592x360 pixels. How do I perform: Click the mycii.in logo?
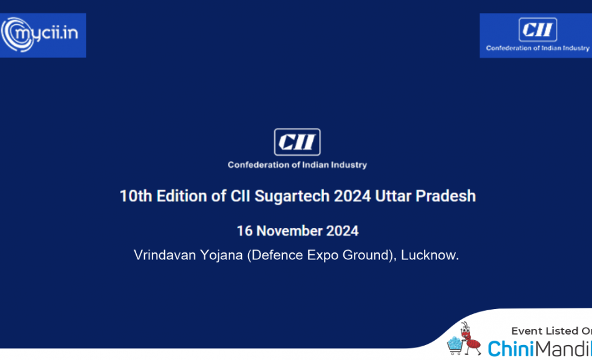(x=40, y=34)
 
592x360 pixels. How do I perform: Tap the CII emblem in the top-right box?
(x=538, y=29)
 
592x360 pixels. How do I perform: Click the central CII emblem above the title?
(x=297, y=142)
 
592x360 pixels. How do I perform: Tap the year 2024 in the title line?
(x=352, y=196)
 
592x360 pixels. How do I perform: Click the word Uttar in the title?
(x=393, y=196)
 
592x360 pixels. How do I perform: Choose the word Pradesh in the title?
(x=445, y=196)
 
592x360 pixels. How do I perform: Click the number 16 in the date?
(x=244, y=231)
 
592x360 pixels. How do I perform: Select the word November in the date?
(x=289, y=231)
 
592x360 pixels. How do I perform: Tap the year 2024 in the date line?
(x=342, y=231)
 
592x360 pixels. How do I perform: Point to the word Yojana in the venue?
(x=221, y=256)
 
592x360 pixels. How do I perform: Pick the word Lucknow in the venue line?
(x=430, y=255)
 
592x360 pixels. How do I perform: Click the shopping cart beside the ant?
(x=455, y=346)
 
